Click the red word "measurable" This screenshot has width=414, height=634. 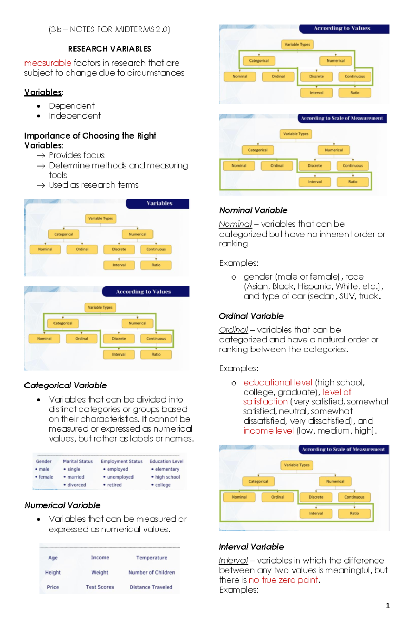48,63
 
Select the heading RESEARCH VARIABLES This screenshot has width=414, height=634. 109,49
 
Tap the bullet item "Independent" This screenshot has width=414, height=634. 75,116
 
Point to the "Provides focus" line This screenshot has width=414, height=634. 77,155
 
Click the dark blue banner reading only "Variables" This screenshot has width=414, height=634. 159,204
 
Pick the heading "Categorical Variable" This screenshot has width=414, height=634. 65,385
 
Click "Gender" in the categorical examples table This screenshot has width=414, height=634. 43,461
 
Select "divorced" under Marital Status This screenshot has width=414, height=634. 76,485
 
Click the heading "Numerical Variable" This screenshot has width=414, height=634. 62,505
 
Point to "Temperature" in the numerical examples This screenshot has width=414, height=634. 151,558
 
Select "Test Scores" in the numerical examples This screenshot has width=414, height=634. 100,587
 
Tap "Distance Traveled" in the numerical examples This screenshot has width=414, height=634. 151,587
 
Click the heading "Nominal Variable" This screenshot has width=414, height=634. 253,210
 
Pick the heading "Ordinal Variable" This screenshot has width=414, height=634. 251,316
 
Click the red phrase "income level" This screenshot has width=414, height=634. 268,431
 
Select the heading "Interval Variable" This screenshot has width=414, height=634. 251,547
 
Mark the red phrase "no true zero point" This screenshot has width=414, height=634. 283,580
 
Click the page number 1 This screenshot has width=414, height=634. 388,605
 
